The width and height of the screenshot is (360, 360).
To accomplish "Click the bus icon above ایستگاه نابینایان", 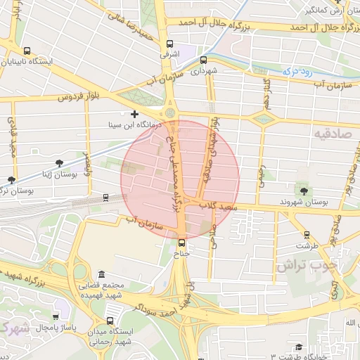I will (x=27, y=51).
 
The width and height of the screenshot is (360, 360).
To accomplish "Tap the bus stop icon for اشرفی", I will (x=169, y=41).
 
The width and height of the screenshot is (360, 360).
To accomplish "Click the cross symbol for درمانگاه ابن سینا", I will (x=134, y=114).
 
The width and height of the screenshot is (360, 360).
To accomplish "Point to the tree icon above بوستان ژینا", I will (x=11, y=180).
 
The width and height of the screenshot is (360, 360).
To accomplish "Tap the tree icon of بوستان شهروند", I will (x=304, y=191).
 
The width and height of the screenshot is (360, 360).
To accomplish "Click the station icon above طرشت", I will (x=307, y=235).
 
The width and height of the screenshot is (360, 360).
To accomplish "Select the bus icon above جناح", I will (x=182, y=243).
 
